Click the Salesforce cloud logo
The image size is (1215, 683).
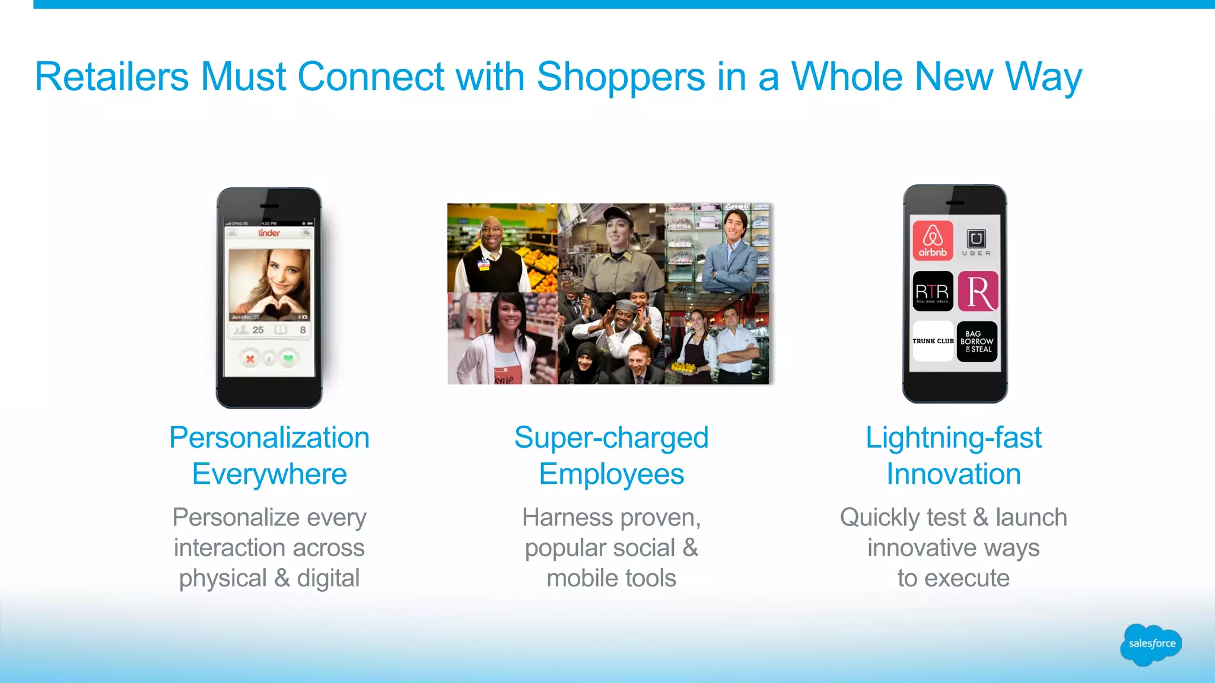(1151, 644)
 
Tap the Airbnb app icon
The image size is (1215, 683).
(933, 240)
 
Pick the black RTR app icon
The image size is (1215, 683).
(933, 291)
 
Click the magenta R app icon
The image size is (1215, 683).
(978, 291)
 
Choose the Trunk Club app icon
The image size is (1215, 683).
(933, 341)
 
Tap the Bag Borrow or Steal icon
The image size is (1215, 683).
(977, 341)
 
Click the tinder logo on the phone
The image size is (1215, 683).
(269, 233)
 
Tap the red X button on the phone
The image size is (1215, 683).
(250, 359)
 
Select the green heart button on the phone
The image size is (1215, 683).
(288, 358)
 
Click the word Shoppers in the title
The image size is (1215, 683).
(621, 78)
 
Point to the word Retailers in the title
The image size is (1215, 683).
(112, 76)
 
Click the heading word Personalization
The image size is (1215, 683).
(269, 438)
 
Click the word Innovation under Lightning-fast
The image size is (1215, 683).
(953, 474)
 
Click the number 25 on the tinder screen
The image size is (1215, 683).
(258, 330)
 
